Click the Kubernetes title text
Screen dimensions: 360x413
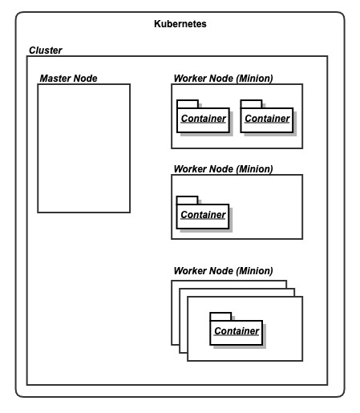(180, 24)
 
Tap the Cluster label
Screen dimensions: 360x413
(46, 51)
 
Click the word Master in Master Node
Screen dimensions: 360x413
(55, 79)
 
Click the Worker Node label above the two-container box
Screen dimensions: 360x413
(223, 79)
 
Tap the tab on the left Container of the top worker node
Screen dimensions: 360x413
(188, 104)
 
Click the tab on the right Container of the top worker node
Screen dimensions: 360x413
(251, 104)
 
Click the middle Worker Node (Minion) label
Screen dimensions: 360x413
(223, 169)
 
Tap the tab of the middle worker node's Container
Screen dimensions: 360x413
(188, 200)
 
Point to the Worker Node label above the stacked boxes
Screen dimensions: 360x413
(223, 271)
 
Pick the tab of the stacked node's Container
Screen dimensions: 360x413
(220, 317)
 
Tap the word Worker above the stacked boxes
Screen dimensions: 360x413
(190, 271)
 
